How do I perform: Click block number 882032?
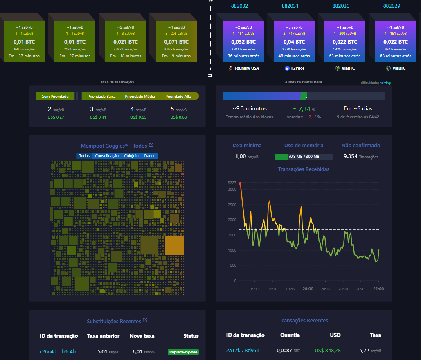pyautogui.click(x=239, y=6)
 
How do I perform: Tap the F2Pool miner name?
pyautogui.click(x=297, y=68)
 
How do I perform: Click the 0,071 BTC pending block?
pyautogui.click(x=176, y=42)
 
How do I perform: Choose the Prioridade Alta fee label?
pyautogui.click(x=178, y=97)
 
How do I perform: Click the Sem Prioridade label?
pyautogui.click(x=55, y=97)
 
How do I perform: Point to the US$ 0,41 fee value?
pyautogui.click(x=98, y=117)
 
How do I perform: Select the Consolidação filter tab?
pyautogui.click(x=107, y=156)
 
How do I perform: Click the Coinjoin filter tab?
pyautogui.click(x=131, y=156)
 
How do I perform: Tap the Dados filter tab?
pyautogui.click(x=150, y=156)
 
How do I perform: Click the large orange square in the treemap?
pyautogui.click(x=174, y=245)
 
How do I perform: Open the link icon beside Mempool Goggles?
pyautogui.click(x=151, y=145)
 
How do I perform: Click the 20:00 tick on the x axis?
pyautogui.click(x=308, y=289)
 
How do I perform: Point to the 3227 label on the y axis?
pyautogui.click(x=232, y=182)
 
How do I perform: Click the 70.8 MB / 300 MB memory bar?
pyautogui.click(x=304, y=157)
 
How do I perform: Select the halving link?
pyautogui.click(x=385, y=83)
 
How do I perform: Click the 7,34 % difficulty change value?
pyautogui.click(x=305, y=109)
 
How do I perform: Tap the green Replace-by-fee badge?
pyautogui.click(x=183, y=352)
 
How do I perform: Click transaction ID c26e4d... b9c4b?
pyautogui.click(x=58, y=352)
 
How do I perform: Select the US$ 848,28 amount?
pyautogui.click(x=327, y=351)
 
